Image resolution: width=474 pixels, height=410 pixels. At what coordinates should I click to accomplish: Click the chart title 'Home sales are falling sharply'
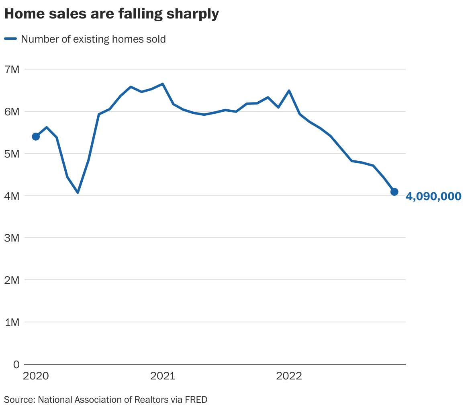(111, 14)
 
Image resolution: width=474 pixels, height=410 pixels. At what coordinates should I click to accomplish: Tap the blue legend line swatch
(10, 39)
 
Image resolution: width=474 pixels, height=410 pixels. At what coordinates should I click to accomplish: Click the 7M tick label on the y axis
(12, 70)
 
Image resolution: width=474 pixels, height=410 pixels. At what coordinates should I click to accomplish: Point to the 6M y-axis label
(12, 112)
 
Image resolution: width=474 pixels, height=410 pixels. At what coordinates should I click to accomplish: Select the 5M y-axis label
(12, 154)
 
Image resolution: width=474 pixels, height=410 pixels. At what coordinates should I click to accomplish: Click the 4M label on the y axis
(12, 196)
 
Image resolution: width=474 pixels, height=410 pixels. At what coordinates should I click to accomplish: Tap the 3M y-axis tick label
(12, 238)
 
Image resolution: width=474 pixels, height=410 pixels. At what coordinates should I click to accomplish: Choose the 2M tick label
(12, 280)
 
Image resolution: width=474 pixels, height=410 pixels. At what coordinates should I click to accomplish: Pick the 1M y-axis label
(12, 322)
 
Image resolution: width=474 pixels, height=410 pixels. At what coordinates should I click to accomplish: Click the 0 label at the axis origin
(16, 365)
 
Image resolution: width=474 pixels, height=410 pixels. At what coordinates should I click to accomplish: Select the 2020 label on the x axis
(36, 376)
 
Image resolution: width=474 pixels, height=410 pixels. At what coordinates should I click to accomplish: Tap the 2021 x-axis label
(162, 376)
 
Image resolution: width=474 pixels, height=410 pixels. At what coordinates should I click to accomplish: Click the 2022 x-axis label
(289, 376)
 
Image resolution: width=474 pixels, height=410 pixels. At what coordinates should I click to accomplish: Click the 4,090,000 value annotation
(433, 197)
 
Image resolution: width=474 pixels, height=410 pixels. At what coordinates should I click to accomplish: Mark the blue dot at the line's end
(394, 192)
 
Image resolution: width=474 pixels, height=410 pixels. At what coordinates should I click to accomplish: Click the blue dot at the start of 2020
(36, 137)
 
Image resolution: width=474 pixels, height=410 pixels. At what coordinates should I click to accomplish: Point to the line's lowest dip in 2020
(78, 193)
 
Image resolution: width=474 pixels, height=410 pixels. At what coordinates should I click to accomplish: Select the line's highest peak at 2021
(162, 84)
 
